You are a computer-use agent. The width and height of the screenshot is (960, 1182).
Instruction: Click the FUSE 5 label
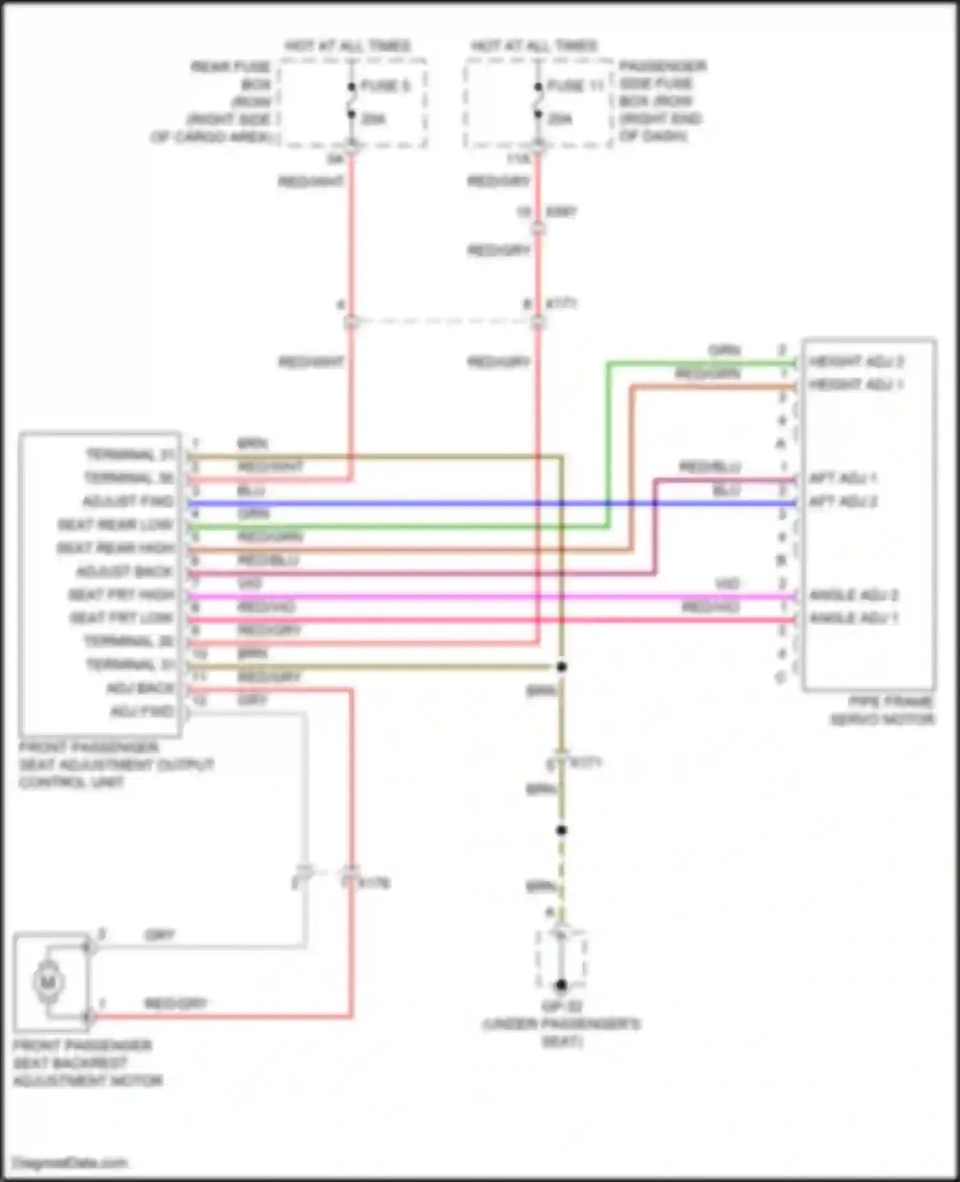(x=385, y=86)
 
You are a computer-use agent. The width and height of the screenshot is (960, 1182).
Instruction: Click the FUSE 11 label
(x=576, y=86)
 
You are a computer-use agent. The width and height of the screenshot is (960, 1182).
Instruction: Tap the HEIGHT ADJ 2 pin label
(x=856, y=362)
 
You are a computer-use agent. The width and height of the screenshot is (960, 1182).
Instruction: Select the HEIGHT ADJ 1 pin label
(x=856, y=385)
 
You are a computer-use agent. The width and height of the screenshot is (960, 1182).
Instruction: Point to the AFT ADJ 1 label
(x=843, y=478)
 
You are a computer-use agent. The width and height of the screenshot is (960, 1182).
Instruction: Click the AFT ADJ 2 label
(x=843, y=501)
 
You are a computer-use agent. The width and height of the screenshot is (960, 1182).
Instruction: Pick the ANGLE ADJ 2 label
(x=854, y=595)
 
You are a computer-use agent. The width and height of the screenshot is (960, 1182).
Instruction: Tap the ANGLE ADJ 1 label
(x=854, y=619)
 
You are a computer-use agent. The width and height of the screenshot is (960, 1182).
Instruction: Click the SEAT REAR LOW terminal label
(x=116, y=525)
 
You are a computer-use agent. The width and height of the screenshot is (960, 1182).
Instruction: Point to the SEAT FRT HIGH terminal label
(x=122, y=595)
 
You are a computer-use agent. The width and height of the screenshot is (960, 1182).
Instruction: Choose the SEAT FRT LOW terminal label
(x=122, y=619)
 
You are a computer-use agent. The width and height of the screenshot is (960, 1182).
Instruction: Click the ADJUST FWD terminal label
(x=128, y=501)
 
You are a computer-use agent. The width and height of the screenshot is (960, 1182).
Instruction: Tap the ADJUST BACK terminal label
(x=125, y=572)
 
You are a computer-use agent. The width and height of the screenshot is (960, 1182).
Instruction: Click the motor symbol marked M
(x=48, y=982)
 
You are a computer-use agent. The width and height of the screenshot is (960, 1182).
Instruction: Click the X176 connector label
(x=374, y=884)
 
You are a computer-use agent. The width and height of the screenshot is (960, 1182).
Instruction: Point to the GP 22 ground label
(x=561, y=1006)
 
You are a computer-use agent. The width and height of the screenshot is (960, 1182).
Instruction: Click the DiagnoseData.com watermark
(x=70, y=1162)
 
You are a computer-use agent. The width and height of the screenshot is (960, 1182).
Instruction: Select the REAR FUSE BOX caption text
(x=230, y=67)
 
